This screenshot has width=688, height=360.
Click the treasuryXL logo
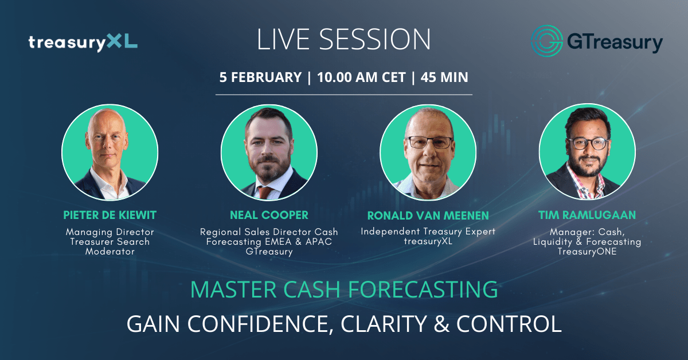click(x=83, y=42)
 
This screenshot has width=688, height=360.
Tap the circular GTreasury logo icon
click(x=547, y=41)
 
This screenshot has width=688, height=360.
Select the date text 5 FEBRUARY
click(x=260, y=77)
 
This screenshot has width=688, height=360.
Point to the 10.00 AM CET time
click(x=361, y=77)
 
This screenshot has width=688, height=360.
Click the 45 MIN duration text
click(x=444, y=77)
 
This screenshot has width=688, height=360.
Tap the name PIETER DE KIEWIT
click(x=110, y=215)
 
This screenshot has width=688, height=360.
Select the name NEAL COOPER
click(x=269, y=215)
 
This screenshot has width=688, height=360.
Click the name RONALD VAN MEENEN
click(x=428, y=216)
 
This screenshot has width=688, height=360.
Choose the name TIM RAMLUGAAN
click(x=587, y=215)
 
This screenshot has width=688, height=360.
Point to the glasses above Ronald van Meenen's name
click(x=430, y=143)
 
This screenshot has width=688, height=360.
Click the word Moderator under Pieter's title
click(x=110, y=252)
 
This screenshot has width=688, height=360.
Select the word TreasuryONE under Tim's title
click(x=587, y=252)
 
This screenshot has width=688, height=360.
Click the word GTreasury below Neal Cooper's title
click(x=269, y=252)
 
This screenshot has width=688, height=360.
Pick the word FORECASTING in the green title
click(x=423, y=289)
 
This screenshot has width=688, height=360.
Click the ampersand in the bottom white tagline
click(x=441, y=324)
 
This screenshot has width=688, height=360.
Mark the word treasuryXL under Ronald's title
click(x=428, y=241)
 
